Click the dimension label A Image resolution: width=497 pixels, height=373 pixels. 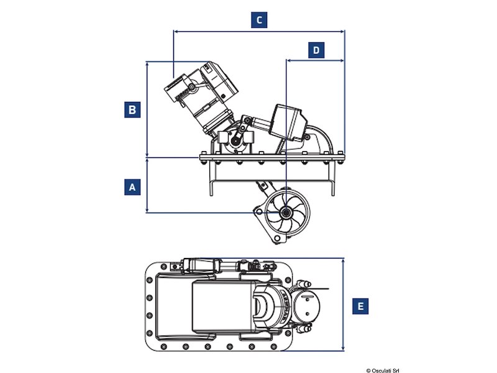tap(131, 186)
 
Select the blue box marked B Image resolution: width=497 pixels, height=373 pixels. tap(131, 110)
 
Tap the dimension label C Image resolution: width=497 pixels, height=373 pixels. tap(260, 20)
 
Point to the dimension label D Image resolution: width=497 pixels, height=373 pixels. tap(316, 50)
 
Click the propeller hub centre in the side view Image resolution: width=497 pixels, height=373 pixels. tap(286, 213)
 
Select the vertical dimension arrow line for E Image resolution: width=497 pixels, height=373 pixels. tap(344, 305)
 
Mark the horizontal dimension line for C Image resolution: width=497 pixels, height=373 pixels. tap(260, 30)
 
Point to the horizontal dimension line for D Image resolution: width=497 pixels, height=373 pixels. tap(315, 60)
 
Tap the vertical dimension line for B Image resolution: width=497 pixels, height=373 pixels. tap(147, 109)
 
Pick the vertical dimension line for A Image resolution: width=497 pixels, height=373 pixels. tap(147, 186)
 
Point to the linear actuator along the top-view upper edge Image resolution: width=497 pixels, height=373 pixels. tap(211, 266)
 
